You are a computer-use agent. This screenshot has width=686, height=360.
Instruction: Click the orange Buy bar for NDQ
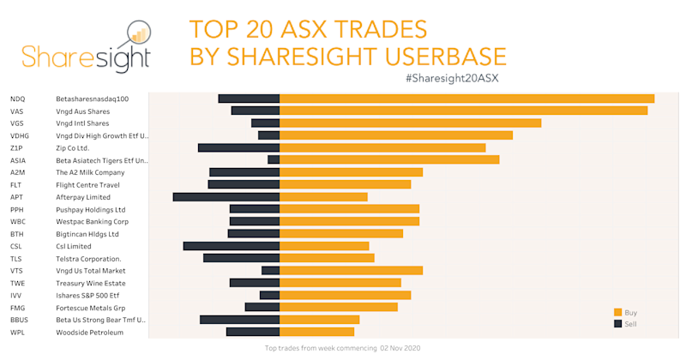[x=467, y=99]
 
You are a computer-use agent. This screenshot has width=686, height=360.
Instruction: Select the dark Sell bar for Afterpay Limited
[x=226, y=197]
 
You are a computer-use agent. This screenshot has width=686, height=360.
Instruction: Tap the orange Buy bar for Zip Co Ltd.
[x=382, y=147]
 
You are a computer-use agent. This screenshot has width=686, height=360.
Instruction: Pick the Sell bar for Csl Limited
[x=232, y=246]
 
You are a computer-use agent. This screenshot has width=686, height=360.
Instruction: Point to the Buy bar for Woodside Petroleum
[x=317, y=332]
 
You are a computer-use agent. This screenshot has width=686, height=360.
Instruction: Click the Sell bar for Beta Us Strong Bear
[x=240, y=320]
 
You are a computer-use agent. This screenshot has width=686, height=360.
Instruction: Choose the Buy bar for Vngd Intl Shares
[x=411, y=123]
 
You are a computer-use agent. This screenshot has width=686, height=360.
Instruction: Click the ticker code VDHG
[x=20, y=135]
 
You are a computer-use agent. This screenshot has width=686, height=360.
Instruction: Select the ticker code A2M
[x=18, y=172]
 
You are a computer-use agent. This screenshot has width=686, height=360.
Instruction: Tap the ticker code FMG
[x=18, y=308]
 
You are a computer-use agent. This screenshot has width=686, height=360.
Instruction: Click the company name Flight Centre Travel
[x=87, y=184]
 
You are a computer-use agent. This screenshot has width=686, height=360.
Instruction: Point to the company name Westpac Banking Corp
[x=92, y=221]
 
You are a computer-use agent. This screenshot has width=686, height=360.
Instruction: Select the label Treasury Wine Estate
[x=91, y=283]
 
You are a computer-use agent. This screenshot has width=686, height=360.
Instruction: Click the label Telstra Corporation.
[x=88, y=259]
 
